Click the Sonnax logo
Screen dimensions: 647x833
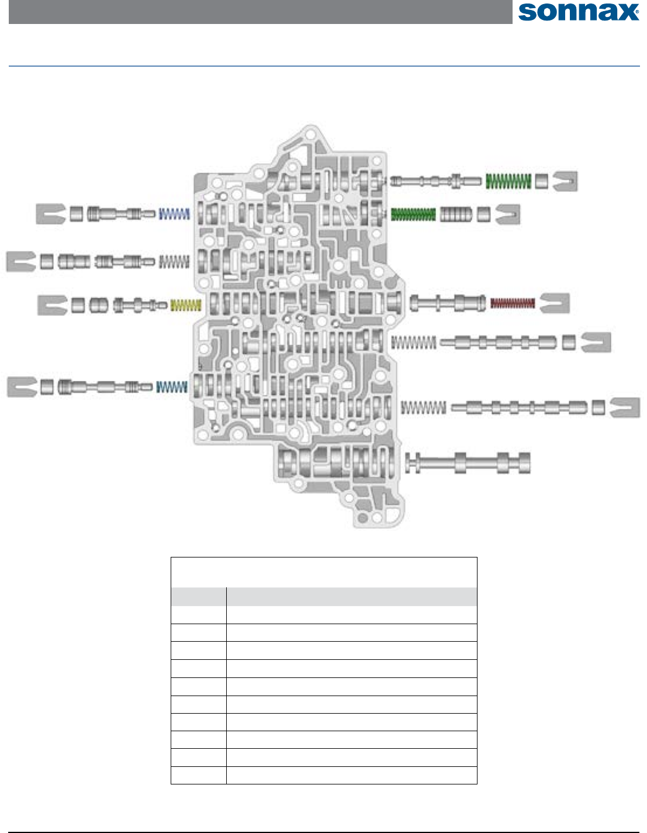[579, 12]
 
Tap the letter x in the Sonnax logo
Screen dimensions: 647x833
[624, 13]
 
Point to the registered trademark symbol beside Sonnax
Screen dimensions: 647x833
[638, 12]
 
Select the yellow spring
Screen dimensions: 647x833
[186, 305]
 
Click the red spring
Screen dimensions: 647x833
[513, 303]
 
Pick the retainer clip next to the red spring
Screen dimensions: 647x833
[555, 303]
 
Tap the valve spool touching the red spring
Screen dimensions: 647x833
[448, 303]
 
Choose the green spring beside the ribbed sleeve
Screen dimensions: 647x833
[413, 214]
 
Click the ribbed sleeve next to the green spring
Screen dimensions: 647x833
[455, 214]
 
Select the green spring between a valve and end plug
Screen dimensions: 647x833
[508, 181]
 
